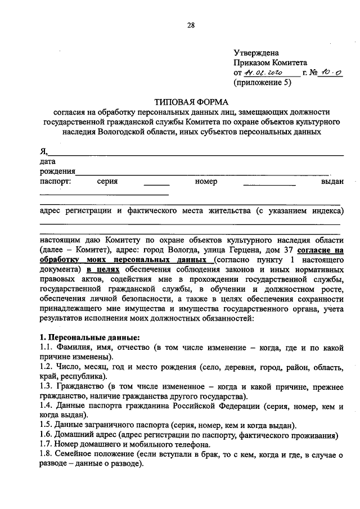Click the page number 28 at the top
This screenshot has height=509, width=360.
191,25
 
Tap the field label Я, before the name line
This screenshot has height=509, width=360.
43,151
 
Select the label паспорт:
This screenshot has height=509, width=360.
55,182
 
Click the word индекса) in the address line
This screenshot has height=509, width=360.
325,211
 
